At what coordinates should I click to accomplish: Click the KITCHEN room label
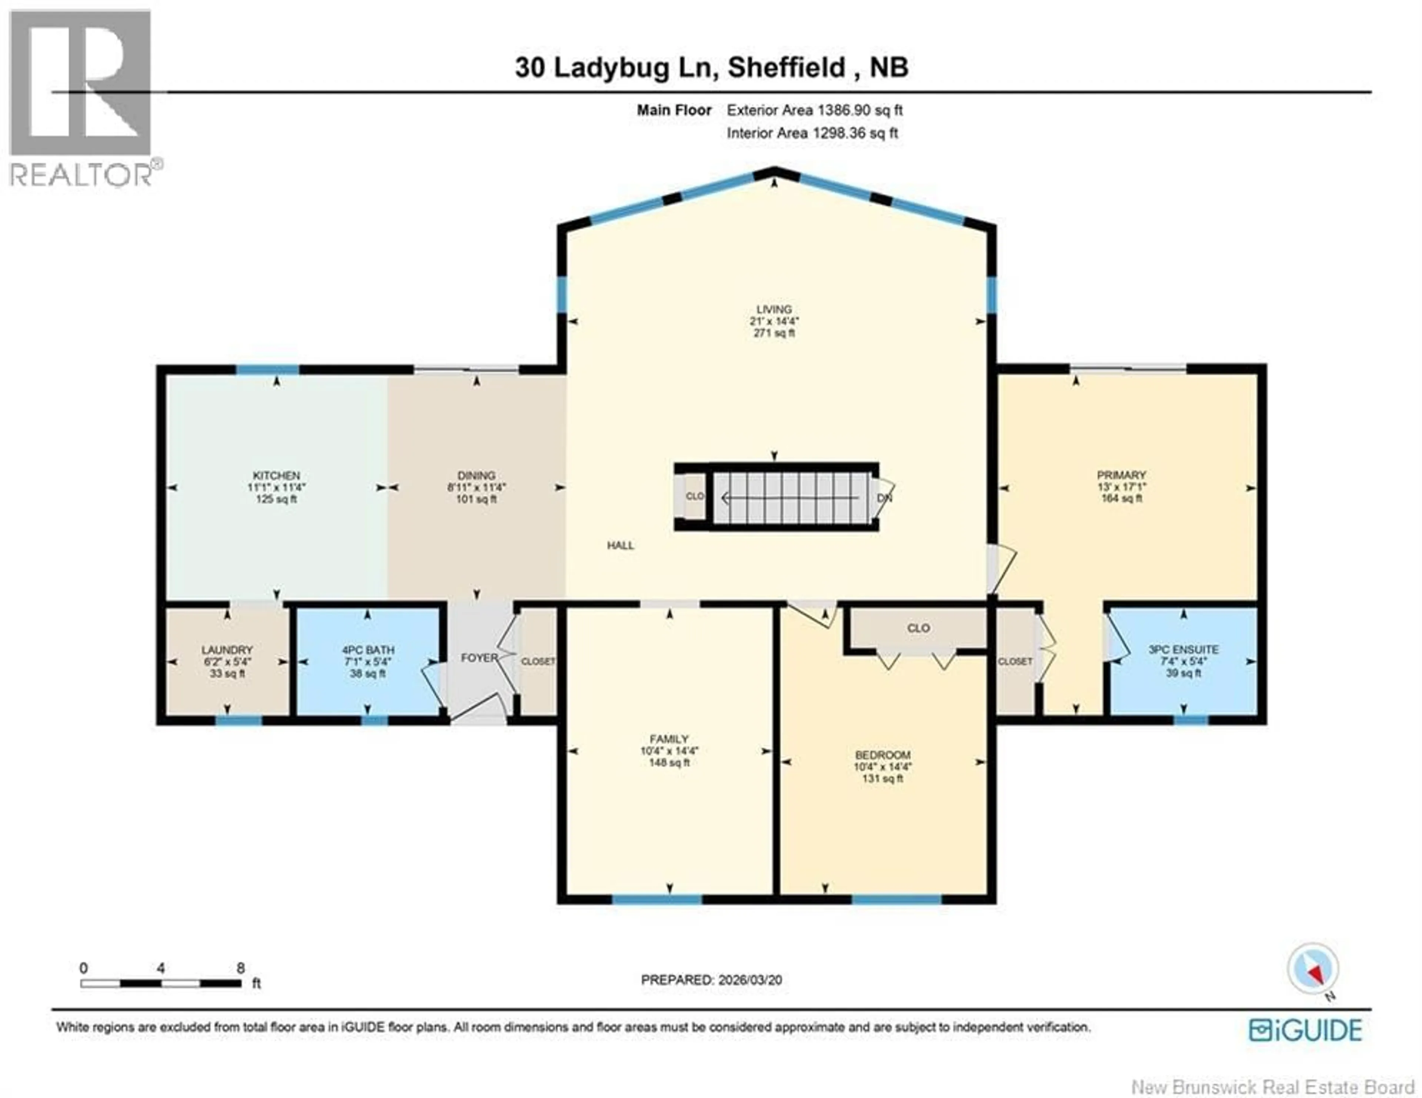[x=276, y=475]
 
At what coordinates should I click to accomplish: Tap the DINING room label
[x=476, y=475]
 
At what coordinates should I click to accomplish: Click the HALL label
[x=620, y=545]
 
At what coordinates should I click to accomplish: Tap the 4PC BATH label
[x=368, y=649]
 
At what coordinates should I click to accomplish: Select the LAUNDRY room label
[x=227, y=649]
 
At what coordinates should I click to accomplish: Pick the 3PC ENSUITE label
[x=1183, y=649]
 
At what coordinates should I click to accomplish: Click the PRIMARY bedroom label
[x=1121, y=475]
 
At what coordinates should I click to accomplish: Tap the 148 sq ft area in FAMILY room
[x=669, y=763]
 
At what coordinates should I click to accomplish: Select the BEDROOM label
[x=882, y=755]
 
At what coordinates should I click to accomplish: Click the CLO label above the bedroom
[x=918, y=628]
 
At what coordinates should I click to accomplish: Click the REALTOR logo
[x=81, y=98]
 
